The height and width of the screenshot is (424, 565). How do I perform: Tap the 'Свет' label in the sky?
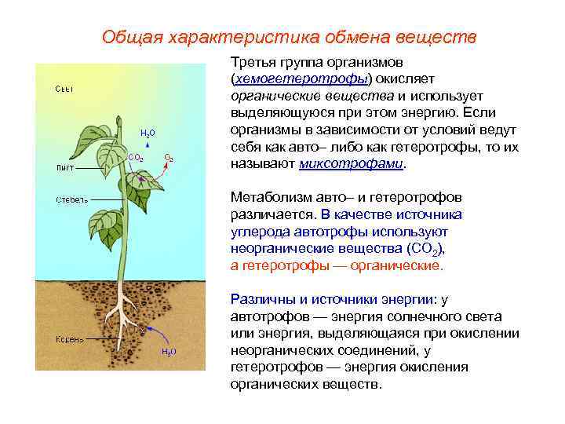tap(64, 89)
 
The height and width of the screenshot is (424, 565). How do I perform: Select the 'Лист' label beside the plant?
tap(64, 166)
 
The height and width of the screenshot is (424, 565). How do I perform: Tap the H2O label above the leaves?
tap(148, 133)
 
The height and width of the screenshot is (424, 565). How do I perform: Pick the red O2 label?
tap(169, 158)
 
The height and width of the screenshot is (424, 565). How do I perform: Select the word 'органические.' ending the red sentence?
tap(403, 265)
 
